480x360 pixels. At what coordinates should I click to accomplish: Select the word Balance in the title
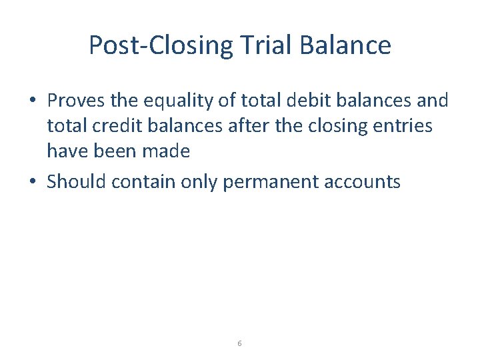tap(346, 45)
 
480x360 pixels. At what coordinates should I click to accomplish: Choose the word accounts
tap(367, 181)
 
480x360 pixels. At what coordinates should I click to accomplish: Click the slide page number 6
tap(239, 343)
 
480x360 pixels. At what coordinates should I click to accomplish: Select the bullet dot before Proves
tap(32, 101)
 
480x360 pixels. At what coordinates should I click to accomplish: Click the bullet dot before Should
tap(32, 181)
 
